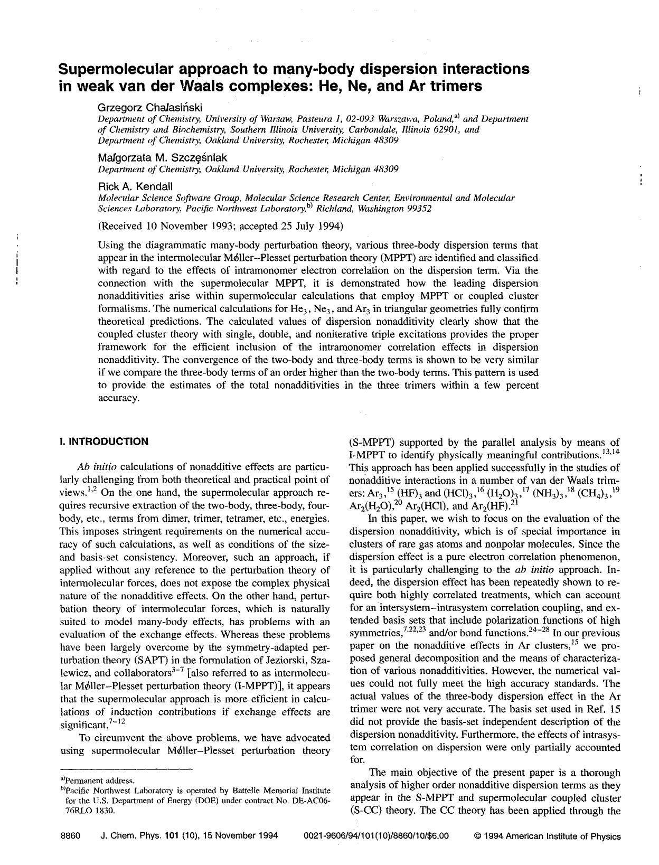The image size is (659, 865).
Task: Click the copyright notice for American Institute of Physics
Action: (547, 836)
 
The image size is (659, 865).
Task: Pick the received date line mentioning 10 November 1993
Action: (221, 227)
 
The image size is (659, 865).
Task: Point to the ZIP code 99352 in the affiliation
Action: (419, 209)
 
